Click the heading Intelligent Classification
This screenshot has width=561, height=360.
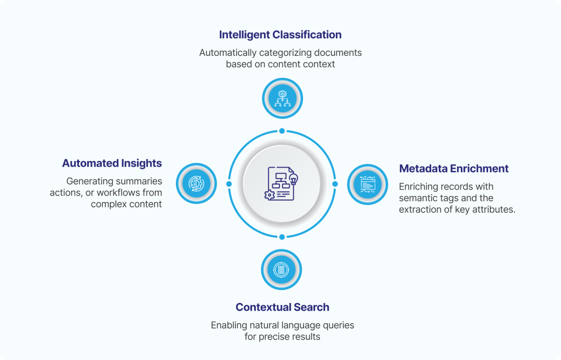(x=280, y=35)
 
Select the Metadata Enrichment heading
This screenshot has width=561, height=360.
(x=454, y=169)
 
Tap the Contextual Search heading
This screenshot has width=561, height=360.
(x=282, y=307)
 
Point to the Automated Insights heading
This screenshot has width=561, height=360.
(x=112, y=163)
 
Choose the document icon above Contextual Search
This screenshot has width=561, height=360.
(x=282, y=270)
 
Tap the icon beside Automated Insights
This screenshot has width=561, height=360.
(x=196, y=183)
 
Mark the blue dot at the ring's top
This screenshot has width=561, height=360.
(x=282, y=131)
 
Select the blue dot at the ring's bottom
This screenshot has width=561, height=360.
(x=282, y=237)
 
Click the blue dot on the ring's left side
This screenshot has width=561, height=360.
(x=229, y=184)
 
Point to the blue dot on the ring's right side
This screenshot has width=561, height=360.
(x=335, y=184)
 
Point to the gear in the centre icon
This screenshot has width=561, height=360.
(x=269, y=195)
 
